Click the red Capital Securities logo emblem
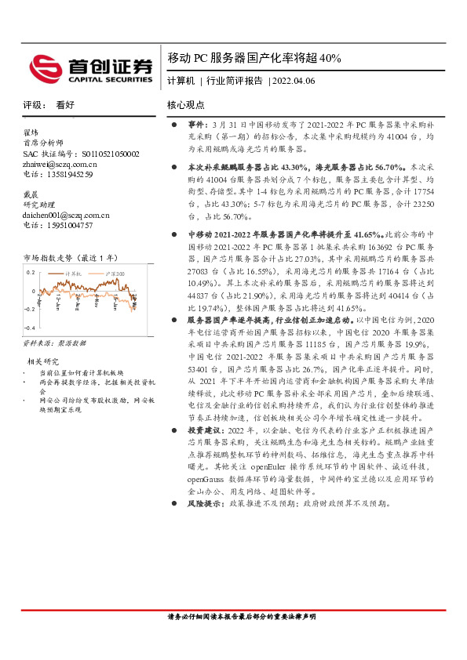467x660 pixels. coord(40,67)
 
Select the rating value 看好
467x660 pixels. coord(65,104)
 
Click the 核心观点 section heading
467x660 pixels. coord(185,104)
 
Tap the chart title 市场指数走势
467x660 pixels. coord(70,257)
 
